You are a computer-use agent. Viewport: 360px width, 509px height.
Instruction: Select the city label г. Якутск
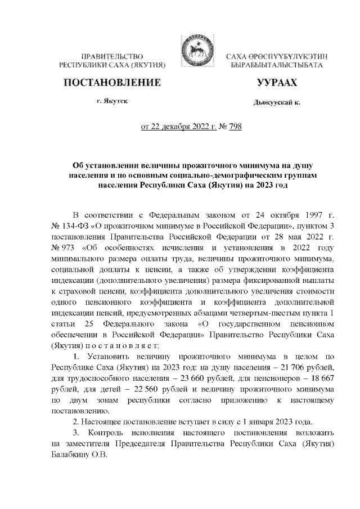point(112,102)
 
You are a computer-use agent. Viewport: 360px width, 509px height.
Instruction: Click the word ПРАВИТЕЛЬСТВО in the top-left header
point(112,57)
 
